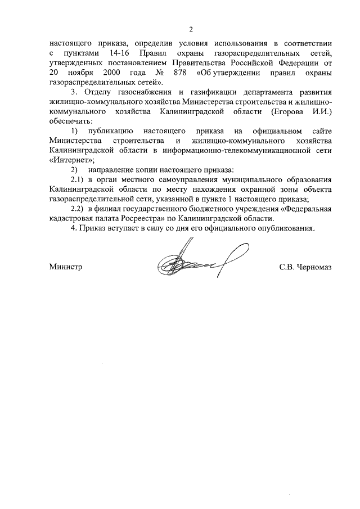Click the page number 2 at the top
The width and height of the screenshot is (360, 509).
click(191, 29)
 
